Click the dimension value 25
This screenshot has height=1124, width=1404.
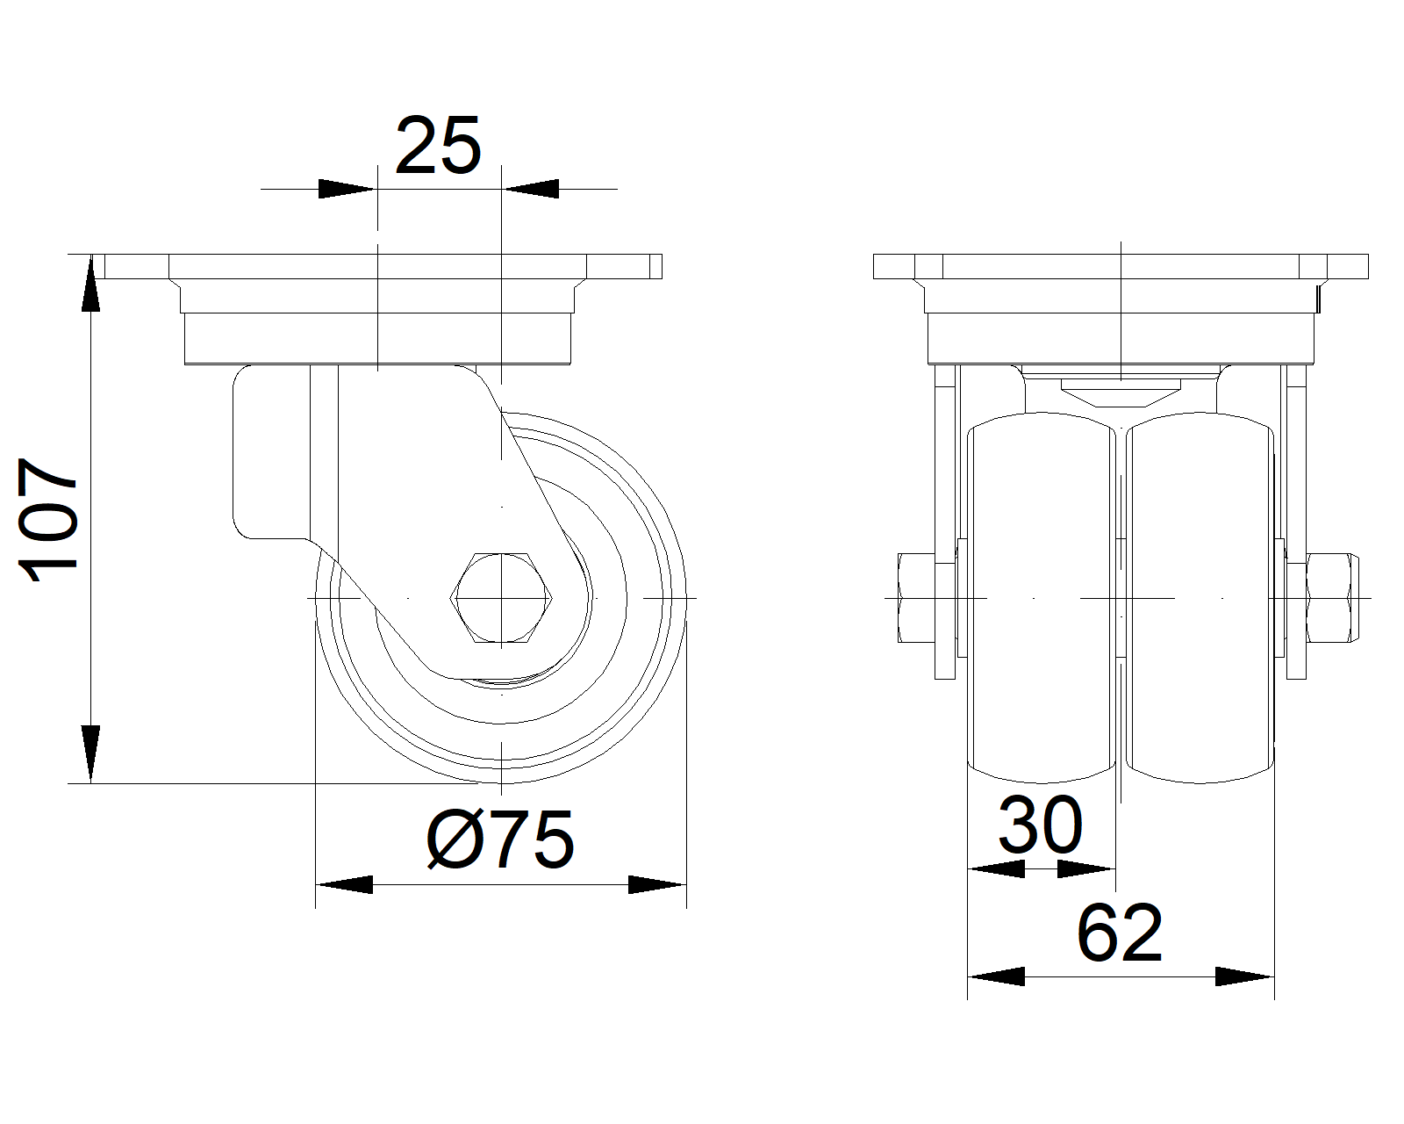[438, 146]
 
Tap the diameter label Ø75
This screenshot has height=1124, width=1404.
[500, 839]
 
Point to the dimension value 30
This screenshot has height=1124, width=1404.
[1041, 826]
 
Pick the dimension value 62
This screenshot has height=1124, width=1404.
[1120, 933]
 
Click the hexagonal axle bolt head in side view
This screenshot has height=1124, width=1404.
[501, 598]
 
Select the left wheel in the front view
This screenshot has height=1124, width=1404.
[1041, 602]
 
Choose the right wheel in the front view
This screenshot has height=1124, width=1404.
[1199, 602]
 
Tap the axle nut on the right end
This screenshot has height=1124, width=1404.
[1331, 598]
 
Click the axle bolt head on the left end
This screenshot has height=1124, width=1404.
[915, 598]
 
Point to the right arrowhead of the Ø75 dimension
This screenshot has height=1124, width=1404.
[657, 884]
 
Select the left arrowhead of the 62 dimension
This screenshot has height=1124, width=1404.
[995, 976]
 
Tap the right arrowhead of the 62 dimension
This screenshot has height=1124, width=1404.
[1245, 976]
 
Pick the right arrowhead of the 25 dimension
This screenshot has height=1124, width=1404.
[531, 189]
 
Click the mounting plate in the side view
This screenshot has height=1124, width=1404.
[377, 267]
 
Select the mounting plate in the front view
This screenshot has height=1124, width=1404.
[1120, 267]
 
